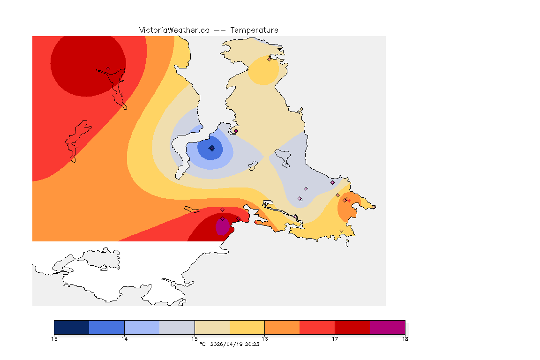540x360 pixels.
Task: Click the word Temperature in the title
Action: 254,30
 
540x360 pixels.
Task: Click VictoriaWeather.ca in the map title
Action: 174,30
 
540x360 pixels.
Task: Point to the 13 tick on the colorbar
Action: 54,338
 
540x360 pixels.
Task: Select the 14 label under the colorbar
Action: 124,338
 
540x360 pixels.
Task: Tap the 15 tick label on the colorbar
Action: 195,338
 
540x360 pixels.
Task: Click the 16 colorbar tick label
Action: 264,338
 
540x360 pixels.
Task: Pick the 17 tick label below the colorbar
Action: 335,338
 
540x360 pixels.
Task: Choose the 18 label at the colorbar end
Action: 405,338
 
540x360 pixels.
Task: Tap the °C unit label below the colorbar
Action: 202,344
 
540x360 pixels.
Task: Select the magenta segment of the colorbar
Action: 387,327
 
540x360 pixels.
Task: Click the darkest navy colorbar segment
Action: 71,327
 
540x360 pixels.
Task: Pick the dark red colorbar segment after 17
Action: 352,327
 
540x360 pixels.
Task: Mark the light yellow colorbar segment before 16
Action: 247,327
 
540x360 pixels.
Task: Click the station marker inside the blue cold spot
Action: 212,148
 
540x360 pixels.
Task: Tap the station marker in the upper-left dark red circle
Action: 108,68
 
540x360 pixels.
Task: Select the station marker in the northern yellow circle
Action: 269,59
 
